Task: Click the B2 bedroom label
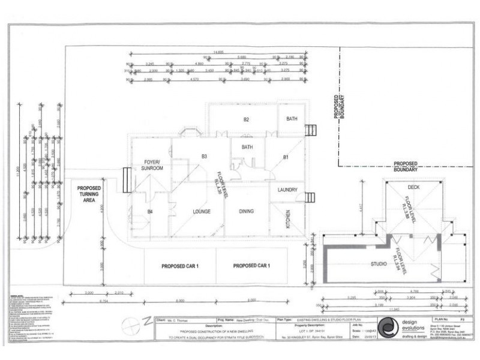tap(246, 119)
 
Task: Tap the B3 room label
tap(204, 156)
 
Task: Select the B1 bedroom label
tap(287, 157)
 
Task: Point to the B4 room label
tap(150, 211)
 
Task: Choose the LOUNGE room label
tap(200, 211)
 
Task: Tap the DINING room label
tap(247, 211)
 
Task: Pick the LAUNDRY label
tap(288, 190)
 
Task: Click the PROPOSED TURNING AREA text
tap(89, 194)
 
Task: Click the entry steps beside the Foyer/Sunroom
tap(126, 179)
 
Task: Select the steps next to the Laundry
tap(310, 197)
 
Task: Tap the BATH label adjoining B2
tap(292, 119)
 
